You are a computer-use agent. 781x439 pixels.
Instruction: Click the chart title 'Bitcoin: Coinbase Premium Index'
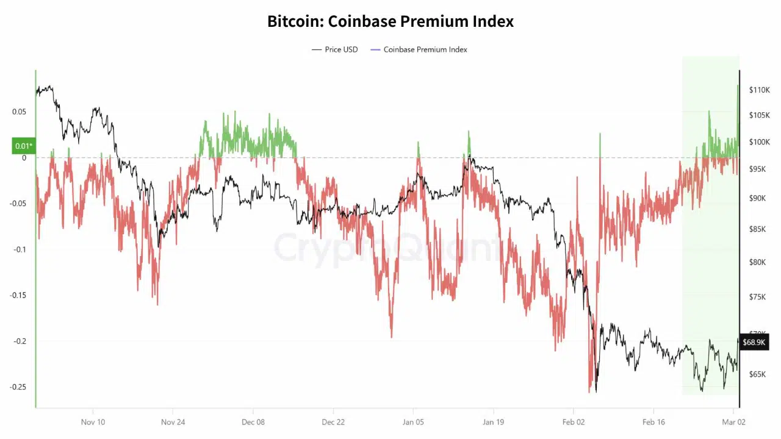point(390,21)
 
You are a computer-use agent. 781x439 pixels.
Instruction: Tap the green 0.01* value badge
point(23,146)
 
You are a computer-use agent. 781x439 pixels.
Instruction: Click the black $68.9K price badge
point(754,342)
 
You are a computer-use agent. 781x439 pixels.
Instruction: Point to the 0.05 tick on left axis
point(20,112)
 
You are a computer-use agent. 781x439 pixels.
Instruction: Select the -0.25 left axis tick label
point(18,387)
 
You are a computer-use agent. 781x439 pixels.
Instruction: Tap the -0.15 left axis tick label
point(18,295)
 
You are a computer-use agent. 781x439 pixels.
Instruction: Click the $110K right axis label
point(760,90)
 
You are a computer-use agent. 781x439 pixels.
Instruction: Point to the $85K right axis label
point(758,229)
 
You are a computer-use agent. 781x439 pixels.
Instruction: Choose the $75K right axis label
point(758,297)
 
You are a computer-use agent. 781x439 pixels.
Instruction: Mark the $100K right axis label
point(760,142)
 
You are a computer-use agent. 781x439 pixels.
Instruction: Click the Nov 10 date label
point(93,421)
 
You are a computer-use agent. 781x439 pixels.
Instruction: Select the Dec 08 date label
point(253,421)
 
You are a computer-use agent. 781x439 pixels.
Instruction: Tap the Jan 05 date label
point(413,421)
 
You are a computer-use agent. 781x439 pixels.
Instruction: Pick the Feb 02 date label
point(573,421)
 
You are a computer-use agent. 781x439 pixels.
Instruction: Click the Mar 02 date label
point(733,421)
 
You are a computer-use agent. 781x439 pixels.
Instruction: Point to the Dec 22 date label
point(333,421)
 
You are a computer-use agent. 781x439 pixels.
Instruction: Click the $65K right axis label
point(758,374)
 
